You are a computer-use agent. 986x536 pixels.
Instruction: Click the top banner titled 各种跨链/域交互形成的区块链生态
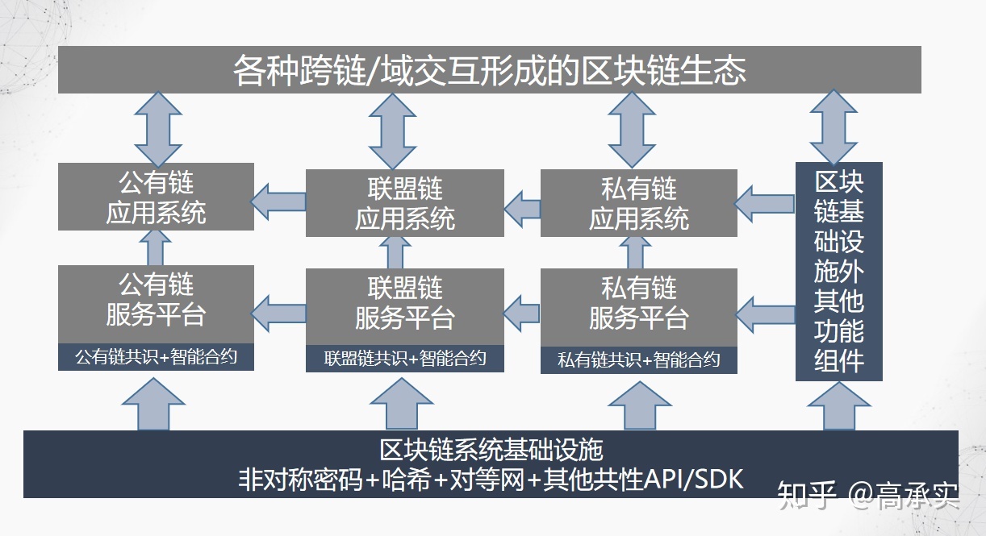click(x=489, y=69)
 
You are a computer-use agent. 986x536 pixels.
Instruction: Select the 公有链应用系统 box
click(x=157, y=197)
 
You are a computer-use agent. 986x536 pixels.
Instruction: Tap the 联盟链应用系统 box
click(x=405, y=203)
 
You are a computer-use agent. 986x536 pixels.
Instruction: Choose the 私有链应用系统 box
click(x=639, y=203)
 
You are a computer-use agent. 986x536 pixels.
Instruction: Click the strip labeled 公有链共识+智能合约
click(x=157, y=357)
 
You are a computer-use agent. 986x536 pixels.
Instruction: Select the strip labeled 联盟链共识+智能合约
click(x=405, y=359)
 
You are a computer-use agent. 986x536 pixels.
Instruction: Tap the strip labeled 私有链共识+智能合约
click(x=639, y=360)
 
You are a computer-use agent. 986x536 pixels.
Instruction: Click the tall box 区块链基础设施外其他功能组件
click(x=838, y=272)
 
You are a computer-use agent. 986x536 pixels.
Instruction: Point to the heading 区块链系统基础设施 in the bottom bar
click(x=491, y=448)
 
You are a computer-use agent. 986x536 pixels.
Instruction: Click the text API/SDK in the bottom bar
click(x=694, y=480)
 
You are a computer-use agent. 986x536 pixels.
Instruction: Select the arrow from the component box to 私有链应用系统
click(x=765, y=203)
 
